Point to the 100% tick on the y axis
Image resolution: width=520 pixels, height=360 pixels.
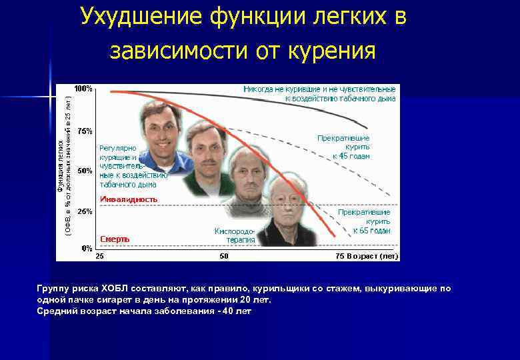83,89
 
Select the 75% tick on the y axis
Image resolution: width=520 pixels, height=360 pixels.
85,131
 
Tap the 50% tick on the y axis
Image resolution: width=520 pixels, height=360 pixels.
85,171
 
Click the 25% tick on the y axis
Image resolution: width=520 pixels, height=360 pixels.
85,211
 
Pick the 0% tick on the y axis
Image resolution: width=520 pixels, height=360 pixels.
87,248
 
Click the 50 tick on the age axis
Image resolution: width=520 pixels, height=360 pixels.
224,256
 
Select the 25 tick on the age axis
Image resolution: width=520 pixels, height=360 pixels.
99,256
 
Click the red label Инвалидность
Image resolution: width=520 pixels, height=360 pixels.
128,199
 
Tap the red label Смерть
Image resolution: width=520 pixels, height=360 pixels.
115,239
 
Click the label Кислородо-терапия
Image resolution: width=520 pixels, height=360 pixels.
234,235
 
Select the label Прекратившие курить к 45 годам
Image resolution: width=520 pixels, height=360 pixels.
343,146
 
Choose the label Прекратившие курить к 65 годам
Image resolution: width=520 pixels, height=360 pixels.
363,221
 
